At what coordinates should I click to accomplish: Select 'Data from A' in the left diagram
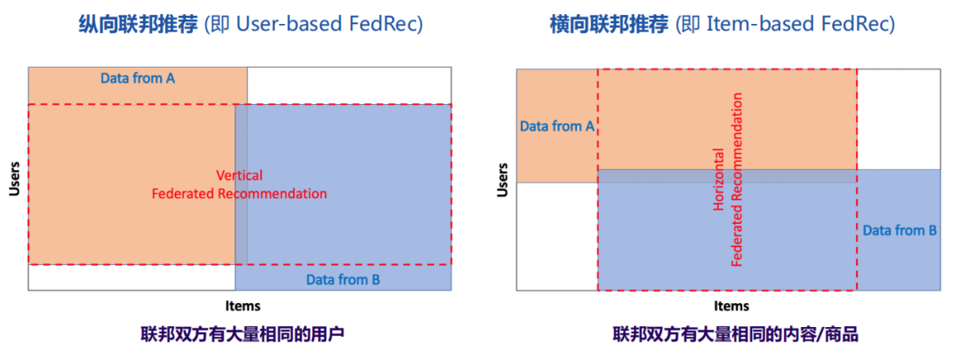click(137, 78)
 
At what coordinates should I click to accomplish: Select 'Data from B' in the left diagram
click(343, 280)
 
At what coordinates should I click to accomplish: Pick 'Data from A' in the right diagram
click(556, 126)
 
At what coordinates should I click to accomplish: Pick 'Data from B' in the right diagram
click(900, 230)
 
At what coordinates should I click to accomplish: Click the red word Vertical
click(239, 175)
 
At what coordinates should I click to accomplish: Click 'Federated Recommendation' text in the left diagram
click(239, 193)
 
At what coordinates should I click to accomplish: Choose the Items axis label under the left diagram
click(243, 306)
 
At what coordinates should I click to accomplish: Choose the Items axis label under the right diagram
click(732, 306)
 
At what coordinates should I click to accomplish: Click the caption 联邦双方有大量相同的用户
click(242, 335)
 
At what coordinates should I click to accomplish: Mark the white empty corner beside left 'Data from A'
click(348, 85)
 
